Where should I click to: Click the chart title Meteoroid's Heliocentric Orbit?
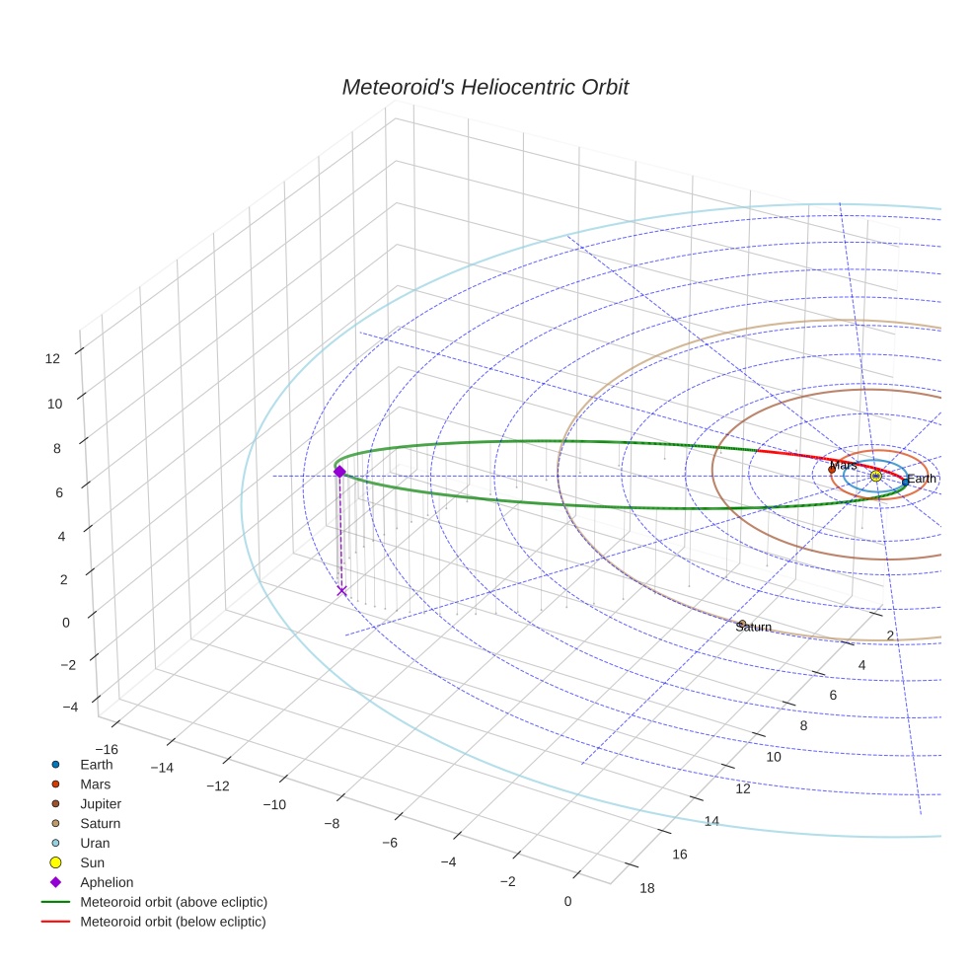[x=485, y=88]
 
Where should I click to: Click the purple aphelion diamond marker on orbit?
[x=339, y=472]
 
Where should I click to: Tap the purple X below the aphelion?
[x=341, y=590]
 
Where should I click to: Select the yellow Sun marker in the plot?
[x=875, y=476]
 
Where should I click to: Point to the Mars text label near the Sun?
[x=843, y=465]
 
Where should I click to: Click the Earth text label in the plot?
[x=921, y=479]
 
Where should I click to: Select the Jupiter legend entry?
[x=101, y=803]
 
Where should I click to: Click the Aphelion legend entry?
[x=107, y=882]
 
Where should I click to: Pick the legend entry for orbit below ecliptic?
[x=173, y=922]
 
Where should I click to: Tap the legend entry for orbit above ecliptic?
[x=173, y=902]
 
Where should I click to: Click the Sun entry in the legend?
[x=92, y=862]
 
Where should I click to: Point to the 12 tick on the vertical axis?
[x=52, y=359]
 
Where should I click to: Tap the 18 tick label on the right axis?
[x=647, y=888]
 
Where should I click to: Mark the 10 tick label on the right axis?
[x=774, y=756]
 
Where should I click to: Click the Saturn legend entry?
[x=100, y=823]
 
